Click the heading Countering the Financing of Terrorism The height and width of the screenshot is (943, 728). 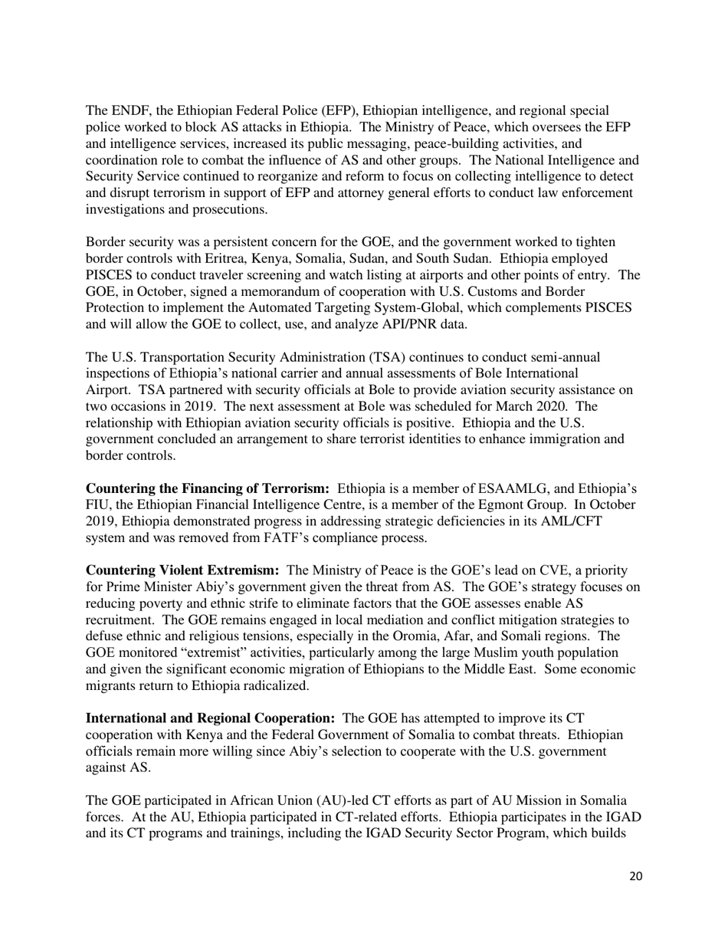click(x=207, y=489)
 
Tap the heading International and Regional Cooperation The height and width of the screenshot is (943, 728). click(x=210, y=718)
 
